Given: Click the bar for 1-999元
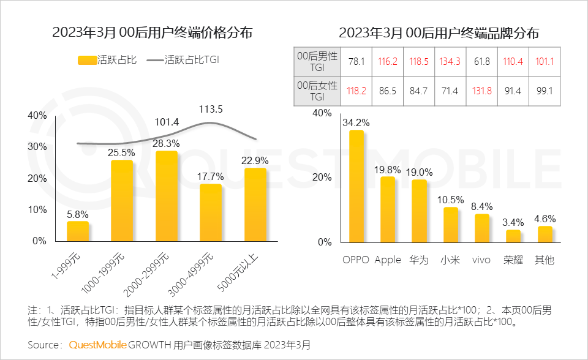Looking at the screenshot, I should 78,231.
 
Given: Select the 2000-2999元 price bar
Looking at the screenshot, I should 167,196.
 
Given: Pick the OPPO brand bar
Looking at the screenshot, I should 356,187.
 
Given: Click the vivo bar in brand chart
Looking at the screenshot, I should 482,228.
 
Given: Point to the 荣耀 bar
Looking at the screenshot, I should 513,236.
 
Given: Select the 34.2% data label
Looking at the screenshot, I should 356,122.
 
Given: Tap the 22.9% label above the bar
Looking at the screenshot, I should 255,160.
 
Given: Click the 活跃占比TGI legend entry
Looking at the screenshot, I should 187,60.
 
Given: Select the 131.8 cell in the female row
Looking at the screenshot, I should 481,91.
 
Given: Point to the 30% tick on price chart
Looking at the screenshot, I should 38,147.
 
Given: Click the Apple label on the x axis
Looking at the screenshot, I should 388,260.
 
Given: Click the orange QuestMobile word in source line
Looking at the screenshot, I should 98,345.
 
